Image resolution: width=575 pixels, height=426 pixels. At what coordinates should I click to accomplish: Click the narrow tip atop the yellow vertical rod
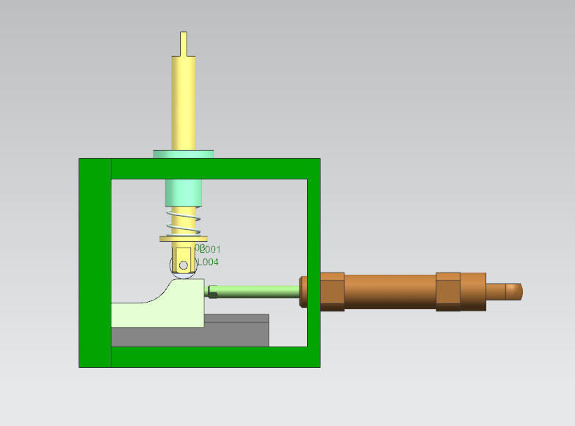pyautogui.click(x=183, y=43)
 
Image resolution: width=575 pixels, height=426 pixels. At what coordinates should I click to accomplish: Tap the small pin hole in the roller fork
pyautogui.click(x=184, y=264)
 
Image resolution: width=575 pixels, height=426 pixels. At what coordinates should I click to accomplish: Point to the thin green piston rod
pyautogui.click(x=257, y=292)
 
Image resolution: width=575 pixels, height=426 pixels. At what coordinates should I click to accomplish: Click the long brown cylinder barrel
pyautogui.click(x=389, y=292)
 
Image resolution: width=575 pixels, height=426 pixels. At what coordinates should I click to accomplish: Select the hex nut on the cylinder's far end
pyautogui.click(x=448, y=292)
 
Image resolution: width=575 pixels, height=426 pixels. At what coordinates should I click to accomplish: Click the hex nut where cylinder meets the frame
pyautogui.click(x=332, y=292)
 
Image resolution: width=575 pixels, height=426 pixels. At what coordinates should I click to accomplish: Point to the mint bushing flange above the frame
pyautogui.click(x=183, y=154)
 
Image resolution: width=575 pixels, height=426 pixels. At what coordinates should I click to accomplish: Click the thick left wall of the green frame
pyautogui.click(x=95, y=262)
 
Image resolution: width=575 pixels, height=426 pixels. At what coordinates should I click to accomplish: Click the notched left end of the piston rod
pyautogui.click(x=213, y=292)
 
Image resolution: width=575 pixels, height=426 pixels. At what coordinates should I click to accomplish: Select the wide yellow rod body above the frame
pyautogui.click(x=183, y=103)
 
